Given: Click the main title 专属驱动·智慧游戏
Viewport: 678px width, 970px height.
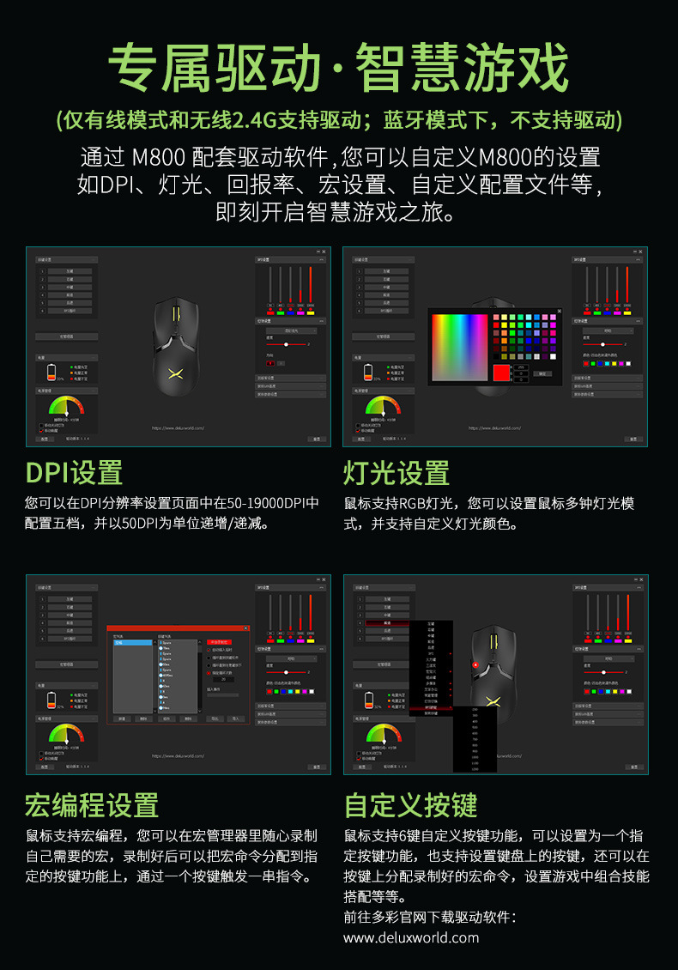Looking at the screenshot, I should pyautogui.click(x=338, y=68).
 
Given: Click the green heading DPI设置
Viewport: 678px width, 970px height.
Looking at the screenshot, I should pyautogui.click(x=74, y=472).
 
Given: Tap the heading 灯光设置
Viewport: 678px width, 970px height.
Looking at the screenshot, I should pyautogui.click(x=397, y=472).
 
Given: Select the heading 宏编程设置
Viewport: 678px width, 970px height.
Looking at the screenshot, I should pyautogui.click(x=92, y=804).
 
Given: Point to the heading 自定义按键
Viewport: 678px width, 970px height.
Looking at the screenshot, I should pyautogui.click(x=410, y=804).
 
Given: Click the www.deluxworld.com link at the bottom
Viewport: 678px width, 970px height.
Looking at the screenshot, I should pyautogui.click(x=411, y=937).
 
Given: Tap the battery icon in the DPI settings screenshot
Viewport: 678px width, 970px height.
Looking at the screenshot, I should pyautogui.click(x=51, y=373).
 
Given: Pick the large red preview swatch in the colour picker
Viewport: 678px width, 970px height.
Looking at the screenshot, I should pyautogui.click(x=501, y=373).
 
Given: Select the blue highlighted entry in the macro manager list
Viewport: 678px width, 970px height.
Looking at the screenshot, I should pyautogui.click(x=132, y=642).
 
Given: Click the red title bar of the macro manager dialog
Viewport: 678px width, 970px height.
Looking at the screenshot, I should pyautogui.click(x=178, y=628).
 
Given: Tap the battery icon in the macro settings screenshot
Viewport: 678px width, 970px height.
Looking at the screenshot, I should pyautogui.click(x=51, y=700).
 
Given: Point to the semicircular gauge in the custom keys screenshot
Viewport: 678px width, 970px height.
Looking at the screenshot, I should pyautogui.click(x=383, y=735).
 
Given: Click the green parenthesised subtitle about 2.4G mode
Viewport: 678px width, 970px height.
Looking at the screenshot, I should pyautogui.click(x=338, y=119).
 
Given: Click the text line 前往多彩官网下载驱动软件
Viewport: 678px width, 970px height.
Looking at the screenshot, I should pyautogui.click(x=429, y=917).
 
